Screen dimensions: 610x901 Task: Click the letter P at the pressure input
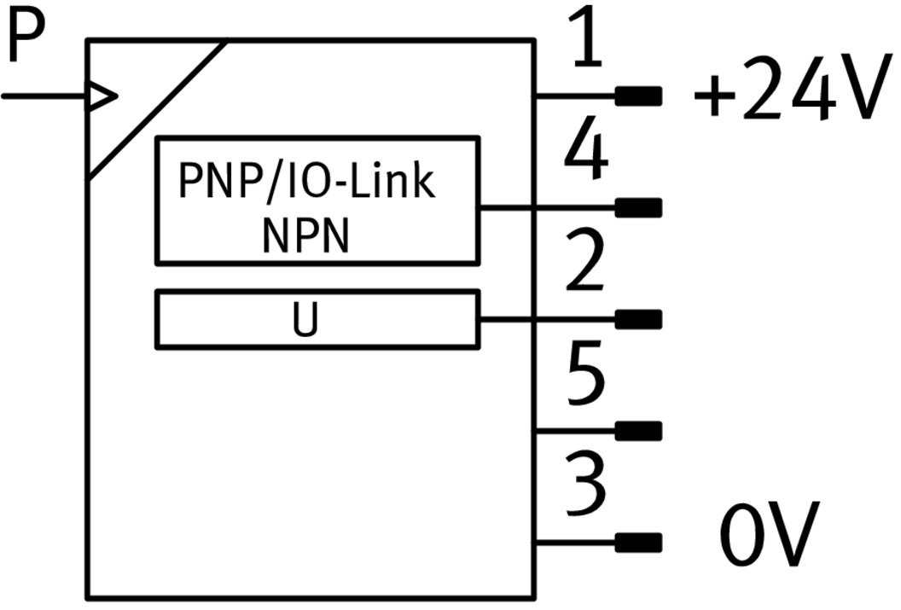point(23,38)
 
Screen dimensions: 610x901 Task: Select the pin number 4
point(588,152)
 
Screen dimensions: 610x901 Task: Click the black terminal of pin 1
point(639,96)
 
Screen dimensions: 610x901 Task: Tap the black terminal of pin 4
point(639,207)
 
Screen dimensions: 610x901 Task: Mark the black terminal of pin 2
point(639,319)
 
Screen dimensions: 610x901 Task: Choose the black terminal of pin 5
point(639,431)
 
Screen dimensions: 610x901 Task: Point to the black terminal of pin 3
point(639,542)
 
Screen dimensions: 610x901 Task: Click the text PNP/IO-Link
point(307,182)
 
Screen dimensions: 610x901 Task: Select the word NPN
point(306,236)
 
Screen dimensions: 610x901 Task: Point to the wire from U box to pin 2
point(546,319)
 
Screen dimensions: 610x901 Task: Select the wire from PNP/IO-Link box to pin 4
point(546,207)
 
